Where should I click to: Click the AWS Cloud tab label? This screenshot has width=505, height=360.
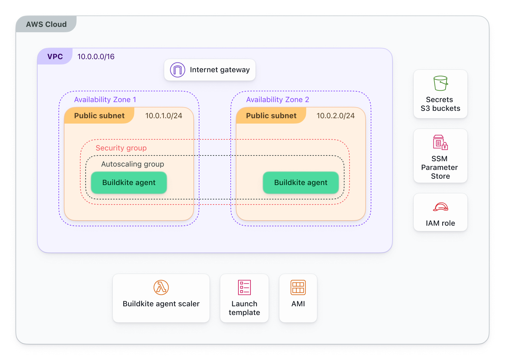(x=46, y=25)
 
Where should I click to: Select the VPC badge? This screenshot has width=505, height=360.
(x=55, y=56)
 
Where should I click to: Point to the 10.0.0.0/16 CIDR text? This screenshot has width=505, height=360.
(x=96, y=57)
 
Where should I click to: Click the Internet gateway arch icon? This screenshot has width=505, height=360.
(x=178, y=70)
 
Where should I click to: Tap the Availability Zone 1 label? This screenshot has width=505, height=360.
(x=105, y=100)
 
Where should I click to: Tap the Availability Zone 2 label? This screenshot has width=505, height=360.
(x=277, y=100)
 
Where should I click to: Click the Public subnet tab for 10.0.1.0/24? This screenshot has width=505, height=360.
(x=99, y=116)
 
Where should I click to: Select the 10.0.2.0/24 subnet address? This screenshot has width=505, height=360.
(x=335, y=116)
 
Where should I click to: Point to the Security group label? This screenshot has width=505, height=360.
(x=121, y=148)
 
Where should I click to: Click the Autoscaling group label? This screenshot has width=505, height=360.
(x=133, y=164)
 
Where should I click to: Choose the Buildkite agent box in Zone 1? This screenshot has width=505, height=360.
(x=129, y=183)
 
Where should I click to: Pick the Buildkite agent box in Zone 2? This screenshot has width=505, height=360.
(x=301, y=183)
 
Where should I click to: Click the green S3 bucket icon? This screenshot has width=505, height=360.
(x=441, y=83)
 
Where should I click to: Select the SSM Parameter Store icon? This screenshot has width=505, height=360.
(x=441, y=142)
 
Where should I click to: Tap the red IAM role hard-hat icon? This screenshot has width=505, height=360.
(x=441, y=207)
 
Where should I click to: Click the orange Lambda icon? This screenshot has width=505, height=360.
(x=161, y=287)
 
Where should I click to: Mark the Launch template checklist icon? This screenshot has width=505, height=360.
(x=244, y=287)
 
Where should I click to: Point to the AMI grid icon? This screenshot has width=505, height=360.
(x=298, y=287)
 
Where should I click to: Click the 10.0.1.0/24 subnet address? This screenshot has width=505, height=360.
(x=164, y=116)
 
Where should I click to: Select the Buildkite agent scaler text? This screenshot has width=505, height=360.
(x=161, y=304)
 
